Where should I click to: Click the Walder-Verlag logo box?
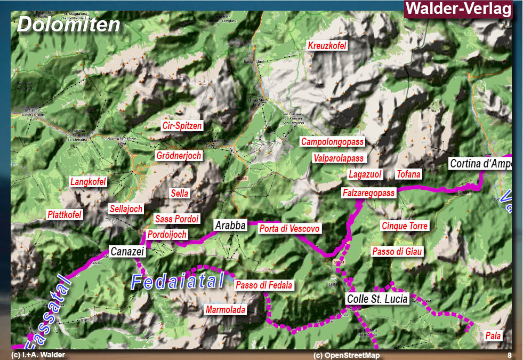[458, 9]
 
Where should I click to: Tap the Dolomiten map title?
[68, 25]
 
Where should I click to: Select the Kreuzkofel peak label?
[327, 46]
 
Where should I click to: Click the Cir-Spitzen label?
[182, 126]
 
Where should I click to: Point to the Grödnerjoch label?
[179, 156]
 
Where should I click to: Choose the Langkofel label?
[88, 182]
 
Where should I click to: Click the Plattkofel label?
[65, 215]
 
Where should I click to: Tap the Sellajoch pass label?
[126, 209]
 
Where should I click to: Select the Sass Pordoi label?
[176, 219]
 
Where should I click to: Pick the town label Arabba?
[230, 226]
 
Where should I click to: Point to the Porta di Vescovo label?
[289, 229]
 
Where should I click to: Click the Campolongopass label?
[332, 142]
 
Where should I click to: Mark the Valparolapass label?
[339, 158]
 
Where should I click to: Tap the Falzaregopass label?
[369, 193]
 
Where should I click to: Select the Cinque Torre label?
[405, 226]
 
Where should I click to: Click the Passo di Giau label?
[397, 251]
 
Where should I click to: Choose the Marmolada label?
[226, 310]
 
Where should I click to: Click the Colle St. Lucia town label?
[377, 299]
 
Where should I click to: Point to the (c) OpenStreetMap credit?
[347, 355]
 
